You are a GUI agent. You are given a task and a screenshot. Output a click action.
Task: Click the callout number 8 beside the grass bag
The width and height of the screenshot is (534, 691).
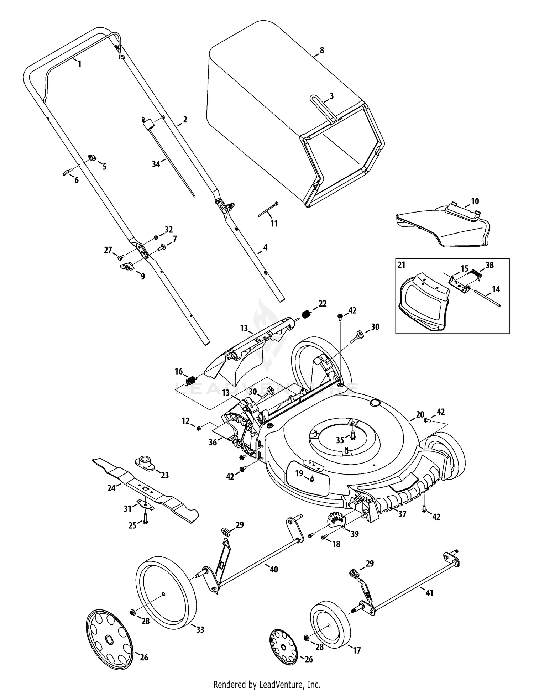322,50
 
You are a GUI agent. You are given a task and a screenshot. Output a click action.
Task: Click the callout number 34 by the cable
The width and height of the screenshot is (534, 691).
156,164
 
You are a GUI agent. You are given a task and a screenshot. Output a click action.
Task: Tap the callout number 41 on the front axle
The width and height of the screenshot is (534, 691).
429,593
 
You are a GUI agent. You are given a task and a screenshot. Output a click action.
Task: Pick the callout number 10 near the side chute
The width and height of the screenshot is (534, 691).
475,201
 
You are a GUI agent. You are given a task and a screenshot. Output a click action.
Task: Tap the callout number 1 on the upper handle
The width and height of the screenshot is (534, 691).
80,64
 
